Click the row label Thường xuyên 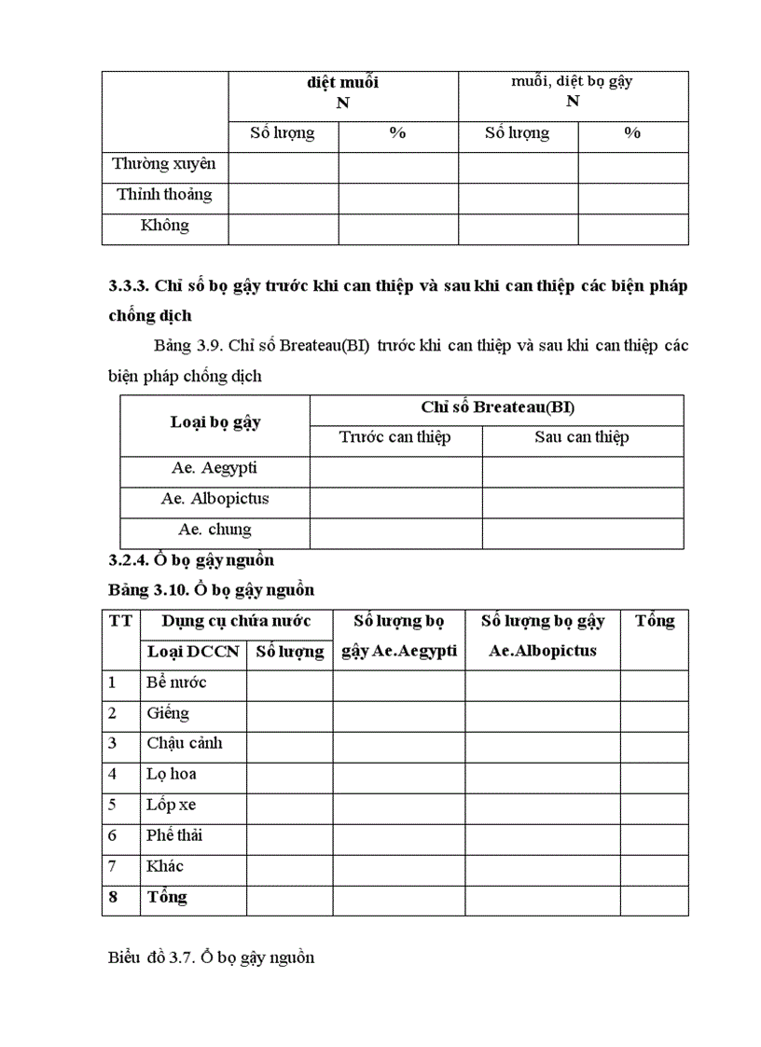coord(164,164)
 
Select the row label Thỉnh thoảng coord(164,195)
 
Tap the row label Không coord(164,226)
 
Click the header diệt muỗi coord(343,82)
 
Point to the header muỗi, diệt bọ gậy coord(572,81)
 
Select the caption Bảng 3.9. coord(186,346)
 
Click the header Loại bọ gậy coord(215,421)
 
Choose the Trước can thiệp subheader coord(394,437)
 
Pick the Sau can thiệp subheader coord(582,437)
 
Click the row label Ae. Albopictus coord(214,499)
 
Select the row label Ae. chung coord(214,530)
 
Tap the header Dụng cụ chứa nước coord(236,621)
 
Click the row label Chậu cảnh coord(184,743)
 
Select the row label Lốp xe coord(171,805)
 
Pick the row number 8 coord(112,897)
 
